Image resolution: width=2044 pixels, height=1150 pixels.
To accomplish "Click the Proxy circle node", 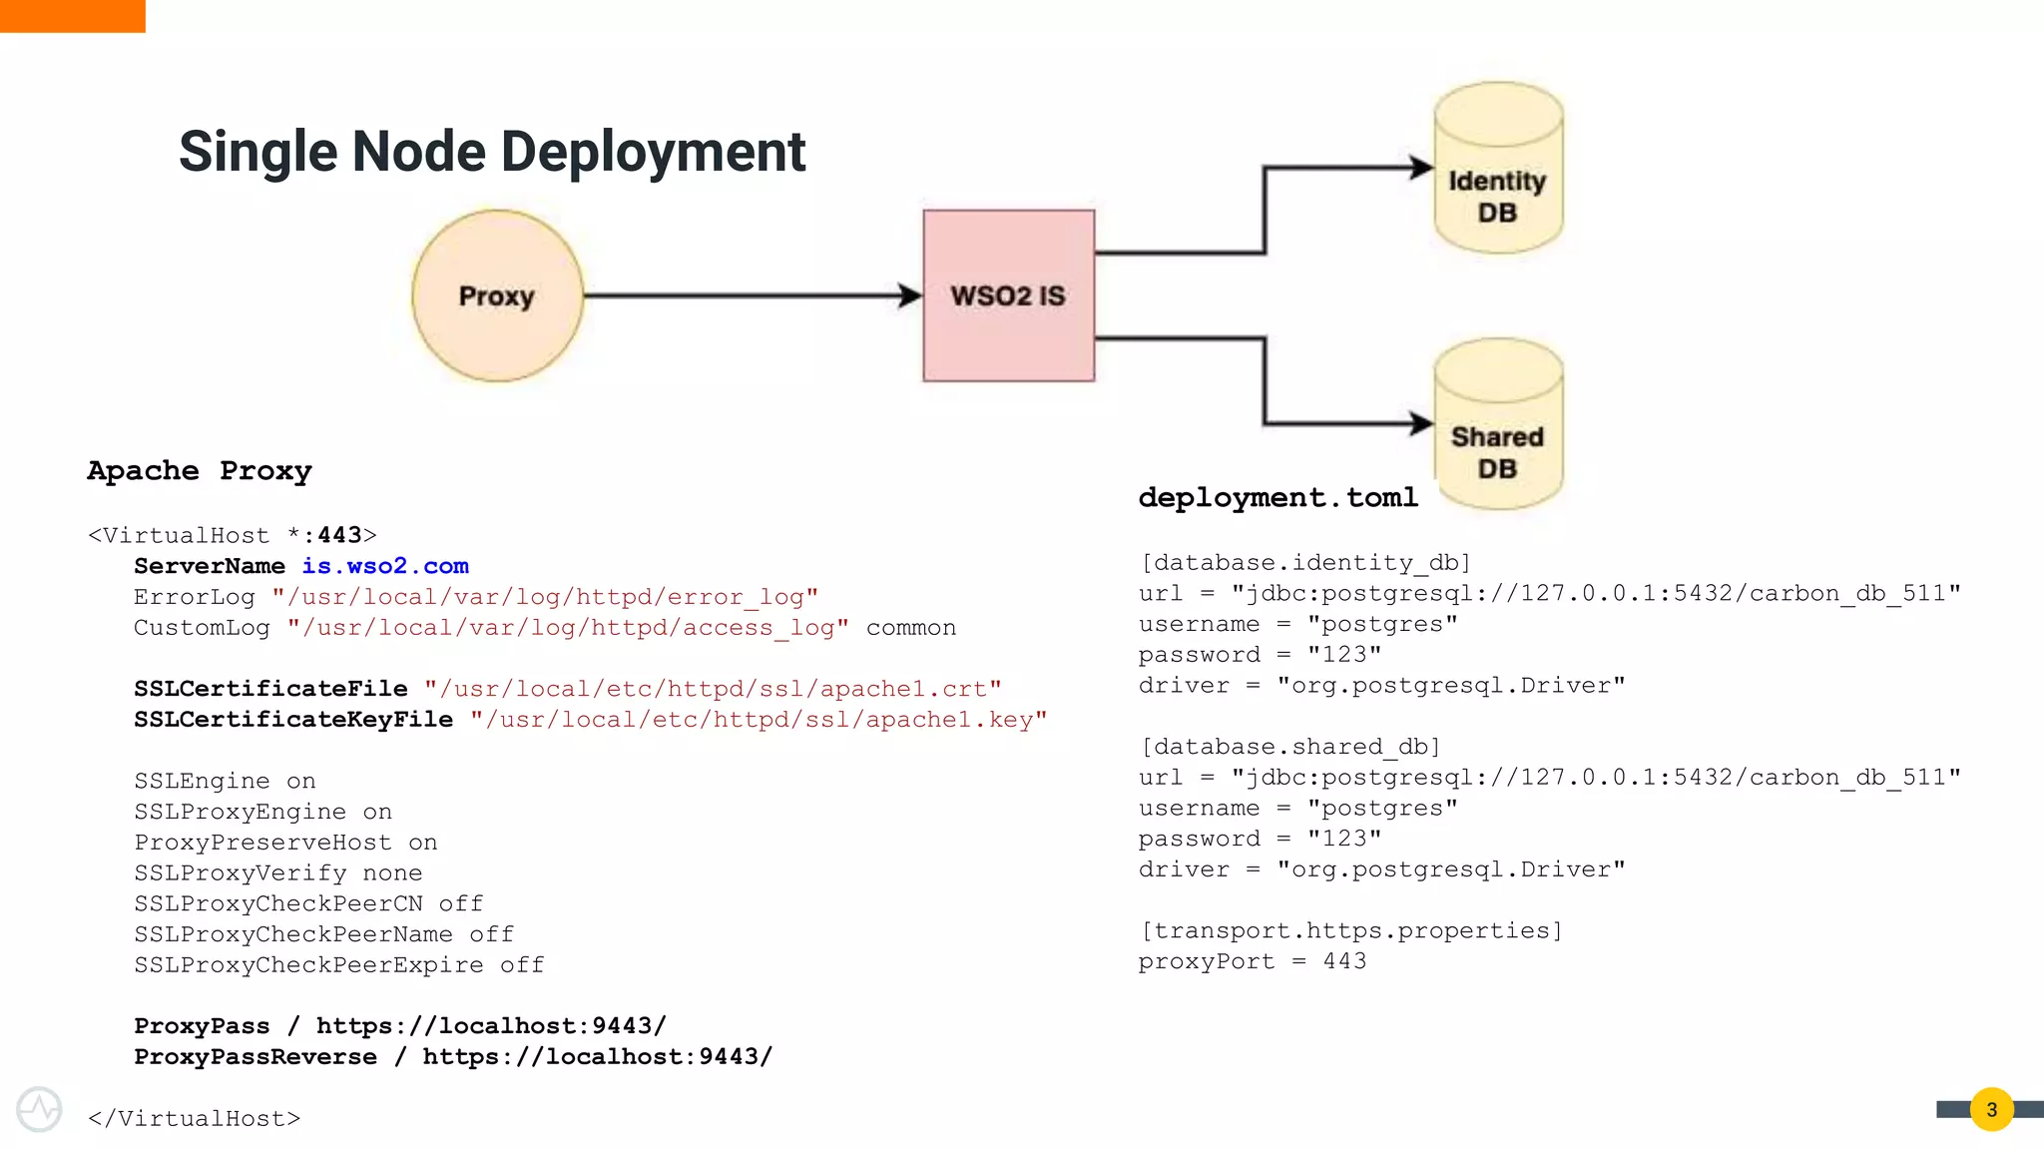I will tap(497, 295).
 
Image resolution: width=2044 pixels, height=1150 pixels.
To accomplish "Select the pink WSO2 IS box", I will tap(1008, 295).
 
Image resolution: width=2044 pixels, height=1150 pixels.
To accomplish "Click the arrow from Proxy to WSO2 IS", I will tap(749, 295).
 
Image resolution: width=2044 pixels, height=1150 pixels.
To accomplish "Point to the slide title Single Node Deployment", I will tap(491, 152).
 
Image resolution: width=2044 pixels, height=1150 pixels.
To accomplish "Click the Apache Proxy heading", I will tap(199, 470).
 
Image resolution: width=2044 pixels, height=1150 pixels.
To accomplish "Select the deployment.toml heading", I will tap(1277, 497).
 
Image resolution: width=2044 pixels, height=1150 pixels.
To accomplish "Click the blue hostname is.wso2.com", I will tap(385, 566).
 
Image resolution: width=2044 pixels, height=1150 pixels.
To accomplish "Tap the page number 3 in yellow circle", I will tap(1991, 1109).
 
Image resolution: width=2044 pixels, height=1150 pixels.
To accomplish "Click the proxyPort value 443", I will tap(1344, 961).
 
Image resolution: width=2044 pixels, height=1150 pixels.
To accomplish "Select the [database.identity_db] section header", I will tap(1304, 562).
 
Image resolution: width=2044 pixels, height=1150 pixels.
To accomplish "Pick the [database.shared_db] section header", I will tap(1289, 747).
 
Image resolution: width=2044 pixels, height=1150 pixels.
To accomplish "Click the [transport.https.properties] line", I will tap(1350, 930).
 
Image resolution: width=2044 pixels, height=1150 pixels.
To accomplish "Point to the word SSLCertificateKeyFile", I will tap(293, 720).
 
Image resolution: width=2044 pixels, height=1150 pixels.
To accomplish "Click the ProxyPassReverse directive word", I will tap(255, 1057).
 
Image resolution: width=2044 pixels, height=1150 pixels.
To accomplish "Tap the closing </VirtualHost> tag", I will tap(194, 1118).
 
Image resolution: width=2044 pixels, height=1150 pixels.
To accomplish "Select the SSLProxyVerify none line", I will tap(278, 873).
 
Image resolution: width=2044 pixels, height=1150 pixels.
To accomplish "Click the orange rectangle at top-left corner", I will tap(72, 16).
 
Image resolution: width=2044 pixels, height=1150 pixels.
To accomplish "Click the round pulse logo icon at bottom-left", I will tap(40, 1109).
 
